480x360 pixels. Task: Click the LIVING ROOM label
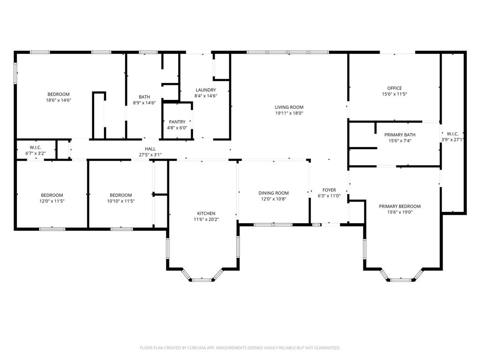(289, 107)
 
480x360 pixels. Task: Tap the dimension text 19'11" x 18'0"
(289, 113)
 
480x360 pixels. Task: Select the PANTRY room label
(177, 122)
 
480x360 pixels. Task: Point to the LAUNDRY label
(205, 90)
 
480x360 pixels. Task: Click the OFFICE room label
(394, 88)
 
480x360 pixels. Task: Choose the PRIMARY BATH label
(399, 135)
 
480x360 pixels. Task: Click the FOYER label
(329, 190)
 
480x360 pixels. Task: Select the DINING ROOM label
(274, 193)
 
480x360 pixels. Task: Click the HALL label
(150, 149)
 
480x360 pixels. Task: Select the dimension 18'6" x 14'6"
(58, 100)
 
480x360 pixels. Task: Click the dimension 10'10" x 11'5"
(121, 201)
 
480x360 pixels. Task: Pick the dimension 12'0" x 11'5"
(52, 201)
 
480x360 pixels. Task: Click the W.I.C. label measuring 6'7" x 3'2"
(36, 150)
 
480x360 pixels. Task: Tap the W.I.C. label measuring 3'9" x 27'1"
(452, 136)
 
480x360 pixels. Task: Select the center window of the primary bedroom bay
(401, 280)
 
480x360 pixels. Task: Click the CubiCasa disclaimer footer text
(240, 348)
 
